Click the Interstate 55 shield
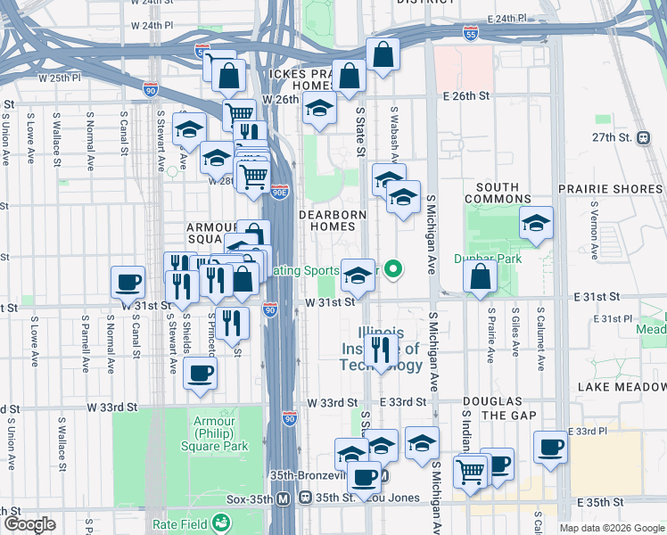point(471,33)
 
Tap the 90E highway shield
point(280,192)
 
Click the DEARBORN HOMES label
point(333,222)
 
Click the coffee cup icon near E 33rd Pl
point(550,446)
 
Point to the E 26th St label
point(469,95)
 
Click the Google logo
point(29,523)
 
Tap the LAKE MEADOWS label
point(621,387)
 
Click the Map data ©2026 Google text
point(611,528)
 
